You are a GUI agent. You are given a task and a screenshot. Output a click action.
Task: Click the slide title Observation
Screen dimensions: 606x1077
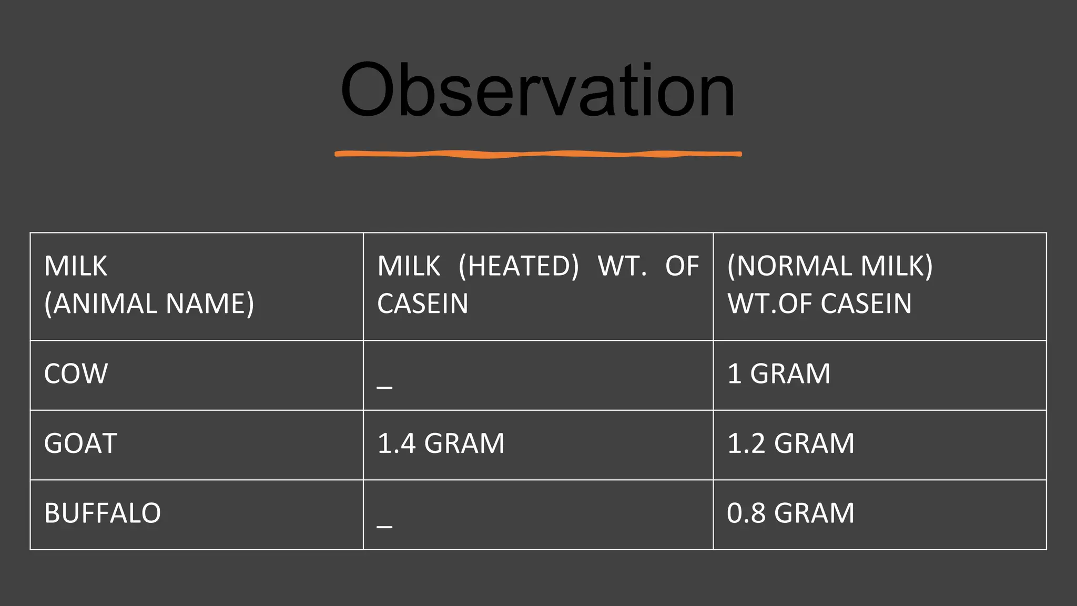537,90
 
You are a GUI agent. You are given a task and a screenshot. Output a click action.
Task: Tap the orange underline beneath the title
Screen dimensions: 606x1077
538,154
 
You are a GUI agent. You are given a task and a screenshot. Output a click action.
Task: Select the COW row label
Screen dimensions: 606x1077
76,374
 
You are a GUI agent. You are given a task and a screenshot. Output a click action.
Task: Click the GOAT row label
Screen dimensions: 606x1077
80,443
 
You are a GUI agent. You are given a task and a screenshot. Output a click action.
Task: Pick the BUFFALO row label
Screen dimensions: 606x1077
103,513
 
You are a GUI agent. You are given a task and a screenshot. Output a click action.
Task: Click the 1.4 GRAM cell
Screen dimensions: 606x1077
441,443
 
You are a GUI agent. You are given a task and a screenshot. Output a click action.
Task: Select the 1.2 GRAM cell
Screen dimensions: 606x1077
790,443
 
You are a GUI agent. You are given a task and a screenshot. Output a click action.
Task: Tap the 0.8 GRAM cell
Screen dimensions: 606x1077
790,513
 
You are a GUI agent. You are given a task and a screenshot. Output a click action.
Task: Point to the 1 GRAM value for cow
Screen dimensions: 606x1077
778,374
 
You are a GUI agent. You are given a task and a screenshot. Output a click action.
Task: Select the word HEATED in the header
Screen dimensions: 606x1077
519,266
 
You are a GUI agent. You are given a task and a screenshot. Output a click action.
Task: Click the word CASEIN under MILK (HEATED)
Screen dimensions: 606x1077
422,304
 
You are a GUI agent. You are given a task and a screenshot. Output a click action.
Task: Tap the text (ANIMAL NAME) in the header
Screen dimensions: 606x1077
149,304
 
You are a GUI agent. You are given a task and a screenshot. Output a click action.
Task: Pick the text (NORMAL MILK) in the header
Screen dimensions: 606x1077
830,266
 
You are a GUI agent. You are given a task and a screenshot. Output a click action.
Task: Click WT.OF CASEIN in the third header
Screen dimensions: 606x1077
819,304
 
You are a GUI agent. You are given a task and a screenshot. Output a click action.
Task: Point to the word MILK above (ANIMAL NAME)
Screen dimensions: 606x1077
76,266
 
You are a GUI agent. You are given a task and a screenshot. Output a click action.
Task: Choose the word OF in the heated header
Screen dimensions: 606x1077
682,266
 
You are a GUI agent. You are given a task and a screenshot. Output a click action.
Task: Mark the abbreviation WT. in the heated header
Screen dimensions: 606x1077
622,266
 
